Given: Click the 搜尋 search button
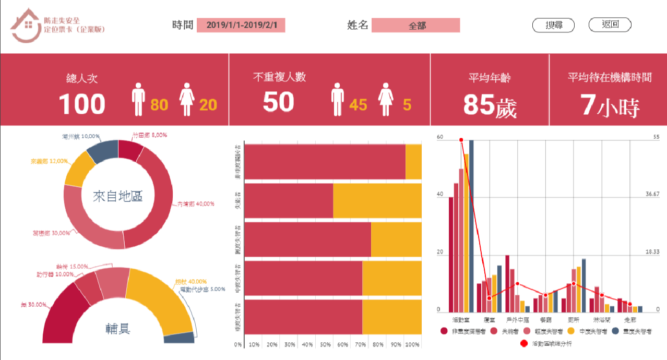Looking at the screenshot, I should coord(553,25).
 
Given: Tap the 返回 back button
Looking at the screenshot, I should coord(610,25).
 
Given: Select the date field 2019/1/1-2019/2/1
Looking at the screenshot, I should coord(241,25).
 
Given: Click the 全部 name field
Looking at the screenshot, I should coord(415,26).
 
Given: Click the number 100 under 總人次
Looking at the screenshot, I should coord(82,103).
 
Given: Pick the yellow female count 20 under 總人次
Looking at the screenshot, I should coord(208,105).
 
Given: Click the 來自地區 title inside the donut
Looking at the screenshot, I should coord(117,197).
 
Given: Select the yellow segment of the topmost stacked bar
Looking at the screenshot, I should coord(413,162).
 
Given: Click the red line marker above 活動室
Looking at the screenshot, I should coord(461,140).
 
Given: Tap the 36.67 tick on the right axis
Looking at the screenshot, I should coord(652,194).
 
